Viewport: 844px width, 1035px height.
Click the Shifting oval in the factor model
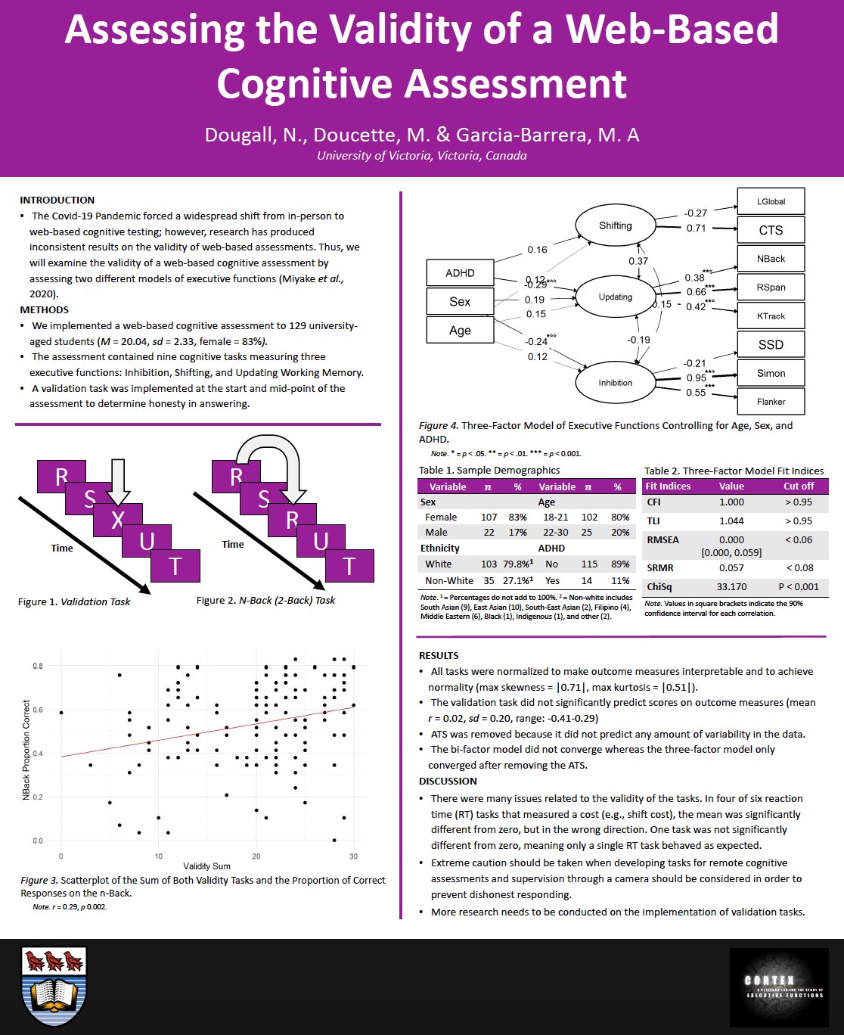[x=615, y=225]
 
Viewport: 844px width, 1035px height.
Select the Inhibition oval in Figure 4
[x=615, y=382]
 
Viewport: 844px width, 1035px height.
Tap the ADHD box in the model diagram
[x=460, y=273]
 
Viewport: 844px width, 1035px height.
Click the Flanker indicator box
[x=771, y=402]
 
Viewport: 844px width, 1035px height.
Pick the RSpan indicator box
[x=771, y=287]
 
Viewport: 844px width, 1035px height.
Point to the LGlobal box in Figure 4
[x=771, y=201]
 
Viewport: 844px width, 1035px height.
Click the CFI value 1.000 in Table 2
[x=731, y=502]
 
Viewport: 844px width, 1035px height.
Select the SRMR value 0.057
[x=731, y=568]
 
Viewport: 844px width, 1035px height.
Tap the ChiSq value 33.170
[x=731, y=586]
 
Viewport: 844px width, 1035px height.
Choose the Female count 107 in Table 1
[x=489, y=517]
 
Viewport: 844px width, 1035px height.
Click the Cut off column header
[x=799, y=486]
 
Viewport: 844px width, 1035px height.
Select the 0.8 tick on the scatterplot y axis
[x=38, y=666]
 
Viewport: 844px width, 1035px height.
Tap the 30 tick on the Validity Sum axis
[x=353, y=856]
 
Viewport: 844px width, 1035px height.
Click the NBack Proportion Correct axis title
[x=26, y=751]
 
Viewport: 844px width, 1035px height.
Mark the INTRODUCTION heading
[x=57, y=200]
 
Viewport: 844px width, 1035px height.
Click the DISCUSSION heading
[x=448, y=782]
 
